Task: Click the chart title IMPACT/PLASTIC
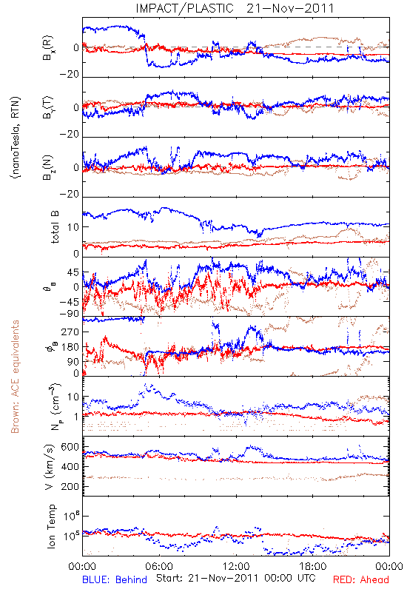click(x=184, y=8)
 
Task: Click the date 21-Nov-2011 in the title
click(x=290, y=8)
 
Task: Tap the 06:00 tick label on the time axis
click(x=159, y=566)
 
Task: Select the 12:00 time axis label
click(x=236, y=566)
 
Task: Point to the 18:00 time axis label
click(x=313, y=566)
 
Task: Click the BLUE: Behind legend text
click(x=115, y=579)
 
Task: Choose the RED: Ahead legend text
click(x=361, y=579)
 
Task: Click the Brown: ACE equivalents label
click(x=15, y=377)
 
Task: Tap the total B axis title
click(x=55, y=227)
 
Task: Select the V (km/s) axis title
click(x=50, y=467)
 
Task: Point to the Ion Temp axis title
click(x=51, y=526)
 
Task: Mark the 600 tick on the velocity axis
click(x=70, y=447)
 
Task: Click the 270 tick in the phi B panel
click(x=70, y=332)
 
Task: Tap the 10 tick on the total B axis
click(x=73, y=227)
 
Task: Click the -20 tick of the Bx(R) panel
click(x=70, y=75)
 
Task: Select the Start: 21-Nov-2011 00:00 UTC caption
click(x=236, y=578)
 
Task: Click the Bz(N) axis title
click(x=48, y=167)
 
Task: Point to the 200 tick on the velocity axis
click(x=70, y=486)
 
